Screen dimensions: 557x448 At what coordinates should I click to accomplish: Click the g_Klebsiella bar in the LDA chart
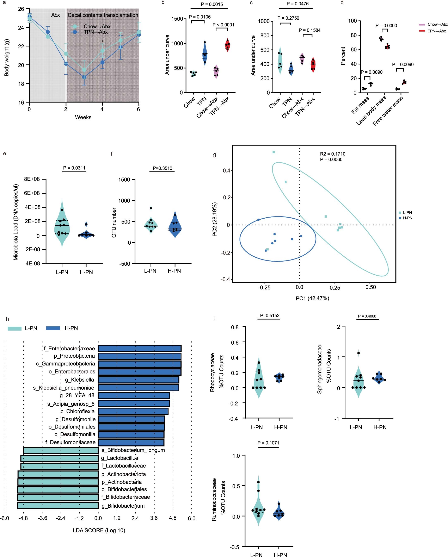138,380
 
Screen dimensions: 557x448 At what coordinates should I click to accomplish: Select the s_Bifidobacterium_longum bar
61,451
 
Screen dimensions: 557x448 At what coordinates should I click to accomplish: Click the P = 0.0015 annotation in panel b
212,4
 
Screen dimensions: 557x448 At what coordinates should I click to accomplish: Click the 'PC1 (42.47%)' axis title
312,298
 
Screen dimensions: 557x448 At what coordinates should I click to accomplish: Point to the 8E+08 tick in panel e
32,179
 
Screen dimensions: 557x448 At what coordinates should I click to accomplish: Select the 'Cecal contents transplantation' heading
103,15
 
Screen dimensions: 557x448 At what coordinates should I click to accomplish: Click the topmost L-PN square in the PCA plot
274,152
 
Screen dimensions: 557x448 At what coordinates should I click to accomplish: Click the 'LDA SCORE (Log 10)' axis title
99,530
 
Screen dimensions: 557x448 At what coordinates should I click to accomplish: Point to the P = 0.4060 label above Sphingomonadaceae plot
367,316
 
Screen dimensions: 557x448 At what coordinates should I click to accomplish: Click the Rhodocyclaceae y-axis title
213,372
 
